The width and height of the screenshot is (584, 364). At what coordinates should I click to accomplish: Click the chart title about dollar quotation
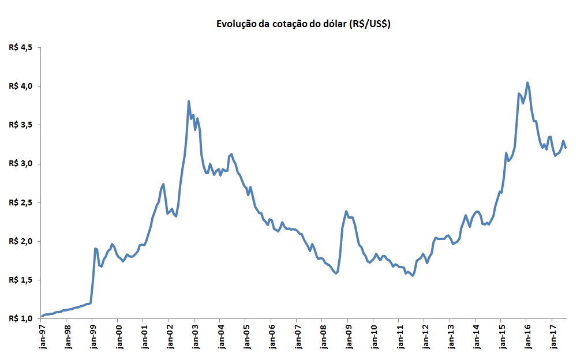303,24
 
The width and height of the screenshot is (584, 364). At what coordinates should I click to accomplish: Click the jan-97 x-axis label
42,338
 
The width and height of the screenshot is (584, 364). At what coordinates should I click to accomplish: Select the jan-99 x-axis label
92,338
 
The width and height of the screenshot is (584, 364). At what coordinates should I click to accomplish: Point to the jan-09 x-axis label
347,338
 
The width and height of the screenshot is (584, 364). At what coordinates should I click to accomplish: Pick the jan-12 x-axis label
424,338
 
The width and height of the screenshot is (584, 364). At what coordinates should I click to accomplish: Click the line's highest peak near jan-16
527,82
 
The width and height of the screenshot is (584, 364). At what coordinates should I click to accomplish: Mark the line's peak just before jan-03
189,102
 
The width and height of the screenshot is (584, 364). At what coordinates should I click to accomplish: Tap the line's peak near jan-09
346,212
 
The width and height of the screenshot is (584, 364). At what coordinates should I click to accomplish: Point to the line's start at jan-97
42,316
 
